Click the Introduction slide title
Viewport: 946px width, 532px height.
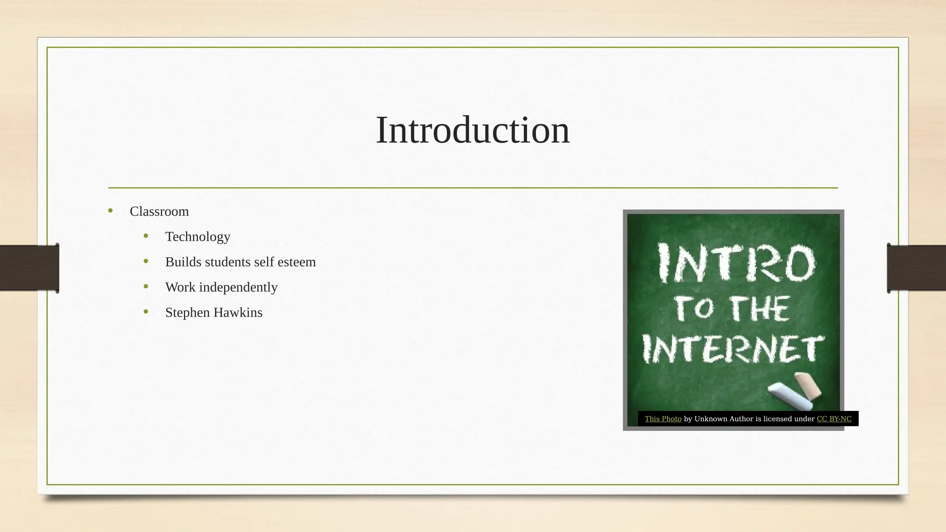click(473, 130)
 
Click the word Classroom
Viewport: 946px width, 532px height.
click(159, 212)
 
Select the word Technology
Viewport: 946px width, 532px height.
click(198, 237)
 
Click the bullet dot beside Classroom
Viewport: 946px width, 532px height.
click(110, 211)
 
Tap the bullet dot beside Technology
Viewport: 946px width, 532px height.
click(146, 236)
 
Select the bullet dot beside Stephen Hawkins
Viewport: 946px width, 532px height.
click(146, 312)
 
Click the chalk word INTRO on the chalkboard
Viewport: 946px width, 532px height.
click(736, 264)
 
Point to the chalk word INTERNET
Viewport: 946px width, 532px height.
click(733, 349)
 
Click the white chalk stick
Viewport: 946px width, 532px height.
click(789, 396)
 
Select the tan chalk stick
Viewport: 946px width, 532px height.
click(808, 385)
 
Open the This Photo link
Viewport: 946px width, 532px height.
click(663, 419)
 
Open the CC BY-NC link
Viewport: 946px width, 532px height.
click(834, 419)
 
